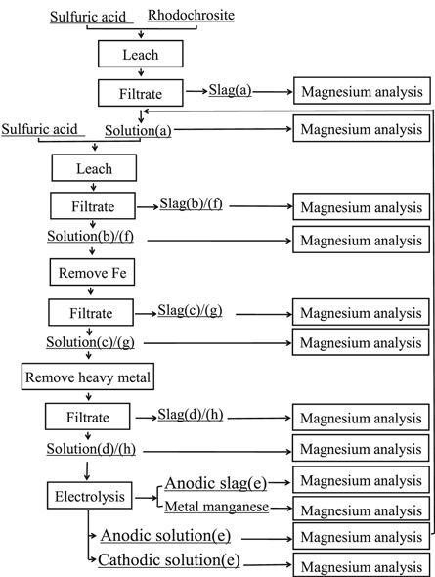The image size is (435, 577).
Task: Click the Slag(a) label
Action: click(x=230, y=90)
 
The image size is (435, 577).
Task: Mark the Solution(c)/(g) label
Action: click(x=91, y=342)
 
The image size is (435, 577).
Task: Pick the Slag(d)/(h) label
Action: click(x=194, y=415)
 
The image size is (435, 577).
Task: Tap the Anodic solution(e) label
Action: click(x=173, y=535)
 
